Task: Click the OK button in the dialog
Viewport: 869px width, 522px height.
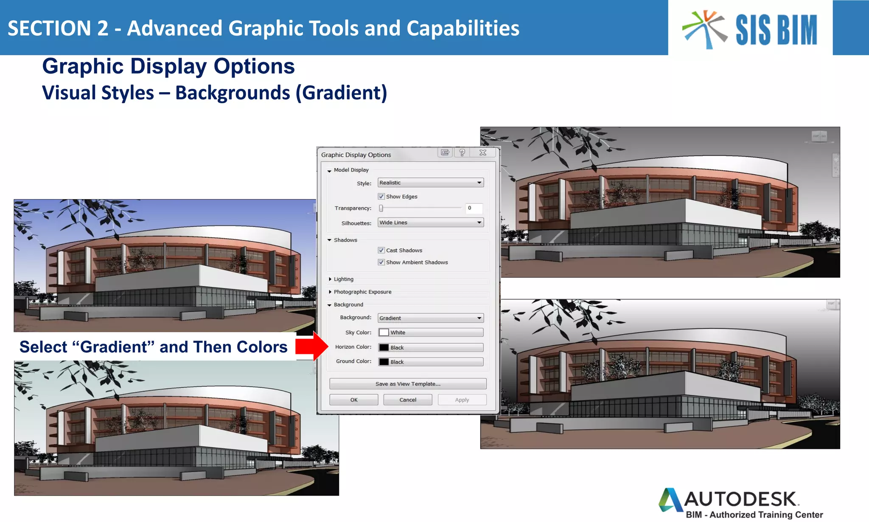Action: coord(353,400)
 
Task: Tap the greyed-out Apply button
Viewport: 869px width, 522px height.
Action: coord(462,400)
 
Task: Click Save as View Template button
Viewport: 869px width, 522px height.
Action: coord(408,384)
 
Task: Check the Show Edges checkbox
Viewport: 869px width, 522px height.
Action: coord(381,197)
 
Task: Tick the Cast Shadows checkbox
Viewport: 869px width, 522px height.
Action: coord(381,250)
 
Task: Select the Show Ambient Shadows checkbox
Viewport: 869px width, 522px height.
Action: coord(381,262)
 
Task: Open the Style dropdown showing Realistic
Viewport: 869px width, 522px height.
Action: coord(430,183)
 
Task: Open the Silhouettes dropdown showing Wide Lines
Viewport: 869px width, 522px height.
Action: coord(430,223)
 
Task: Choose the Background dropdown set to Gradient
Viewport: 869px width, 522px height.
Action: coord(430,318)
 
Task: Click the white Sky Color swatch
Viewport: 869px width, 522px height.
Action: coord(384,332)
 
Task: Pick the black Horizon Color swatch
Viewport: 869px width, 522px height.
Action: coord(384,347)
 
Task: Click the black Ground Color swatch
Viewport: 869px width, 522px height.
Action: coord(384,362)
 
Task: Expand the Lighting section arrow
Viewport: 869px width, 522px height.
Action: coord(330,279)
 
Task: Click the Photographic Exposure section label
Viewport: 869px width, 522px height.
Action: coord(362,292)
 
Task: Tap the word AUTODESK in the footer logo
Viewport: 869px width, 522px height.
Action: coord(740,499)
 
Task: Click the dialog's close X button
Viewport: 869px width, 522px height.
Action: coord(482,152)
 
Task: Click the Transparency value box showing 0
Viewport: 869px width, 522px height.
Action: coord(474,208)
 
